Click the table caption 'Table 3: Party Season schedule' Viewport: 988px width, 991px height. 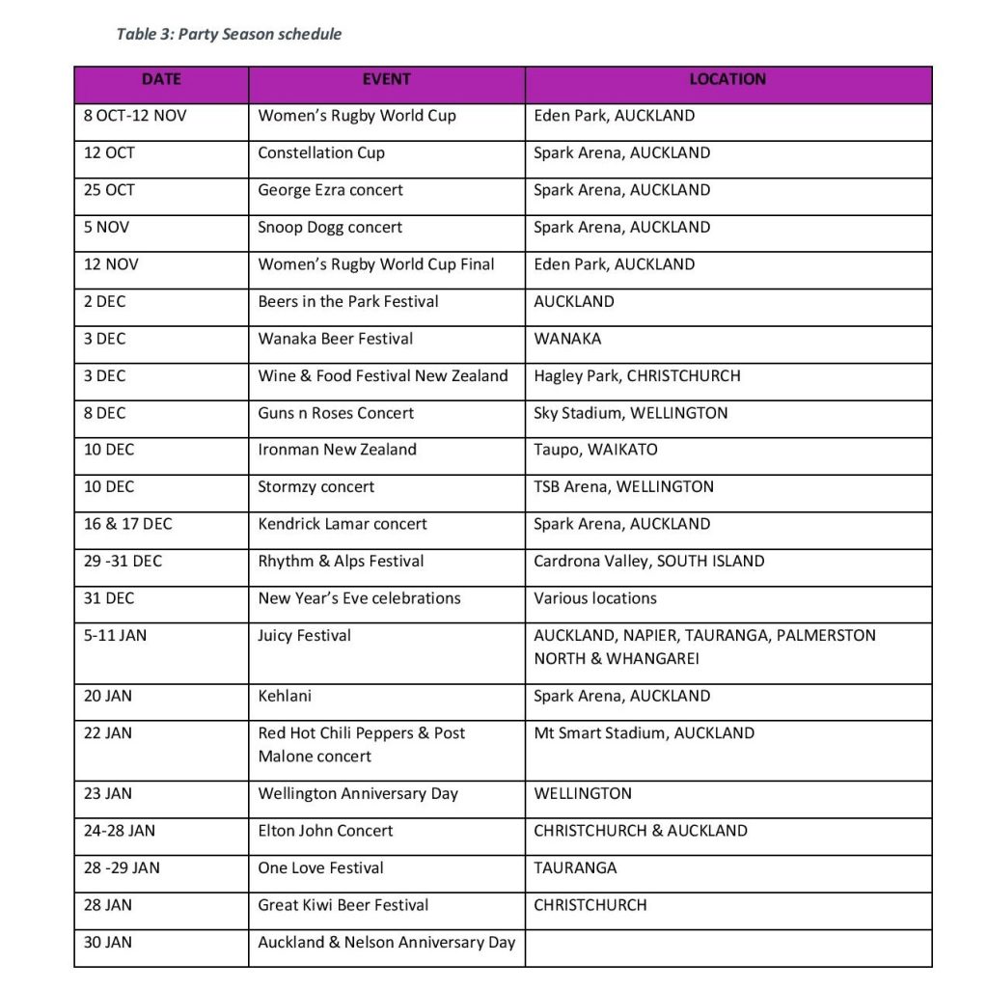(229, 35)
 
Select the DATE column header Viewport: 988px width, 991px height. (161, 80)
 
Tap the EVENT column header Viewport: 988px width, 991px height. (386, 80)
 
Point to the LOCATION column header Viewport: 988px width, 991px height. (727, 80)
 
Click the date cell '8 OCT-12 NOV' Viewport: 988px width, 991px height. (135, 116)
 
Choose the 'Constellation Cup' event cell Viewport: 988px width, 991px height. (321, 153)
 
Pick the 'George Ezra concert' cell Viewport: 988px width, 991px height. (331, 190)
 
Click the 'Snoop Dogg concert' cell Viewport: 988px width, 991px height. (330, 228)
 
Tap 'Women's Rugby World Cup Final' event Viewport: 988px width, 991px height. (376, 264)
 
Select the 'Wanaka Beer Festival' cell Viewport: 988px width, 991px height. (335, 339)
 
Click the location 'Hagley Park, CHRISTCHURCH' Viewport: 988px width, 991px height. (637, 376)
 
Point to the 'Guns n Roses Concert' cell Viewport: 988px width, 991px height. (336, 413)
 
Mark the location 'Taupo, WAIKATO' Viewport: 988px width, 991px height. (595, 451)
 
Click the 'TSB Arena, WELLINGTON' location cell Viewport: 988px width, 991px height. (623, 487)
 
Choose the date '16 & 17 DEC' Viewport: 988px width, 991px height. (128, 525)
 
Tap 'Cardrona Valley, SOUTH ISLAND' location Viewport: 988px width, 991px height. (648, 562)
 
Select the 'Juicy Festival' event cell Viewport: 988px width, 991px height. (304, 636)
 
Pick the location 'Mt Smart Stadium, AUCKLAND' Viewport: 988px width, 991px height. (644, 733)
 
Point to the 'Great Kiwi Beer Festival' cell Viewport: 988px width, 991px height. (343, 905)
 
